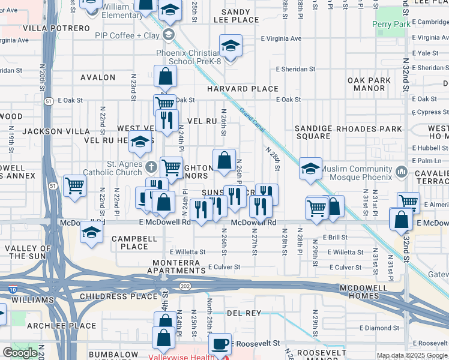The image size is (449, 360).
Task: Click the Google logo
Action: coord(20,353)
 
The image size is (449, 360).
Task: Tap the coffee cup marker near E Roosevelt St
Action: coord(220,344)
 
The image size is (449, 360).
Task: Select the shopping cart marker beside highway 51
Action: coord(74,185)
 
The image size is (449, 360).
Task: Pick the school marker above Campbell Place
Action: coord(91,232)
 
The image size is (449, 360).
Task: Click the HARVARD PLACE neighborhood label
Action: coord(243,89)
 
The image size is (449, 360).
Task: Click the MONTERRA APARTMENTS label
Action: coord(180,268)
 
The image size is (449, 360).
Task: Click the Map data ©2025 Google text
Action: coord(412,355)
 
